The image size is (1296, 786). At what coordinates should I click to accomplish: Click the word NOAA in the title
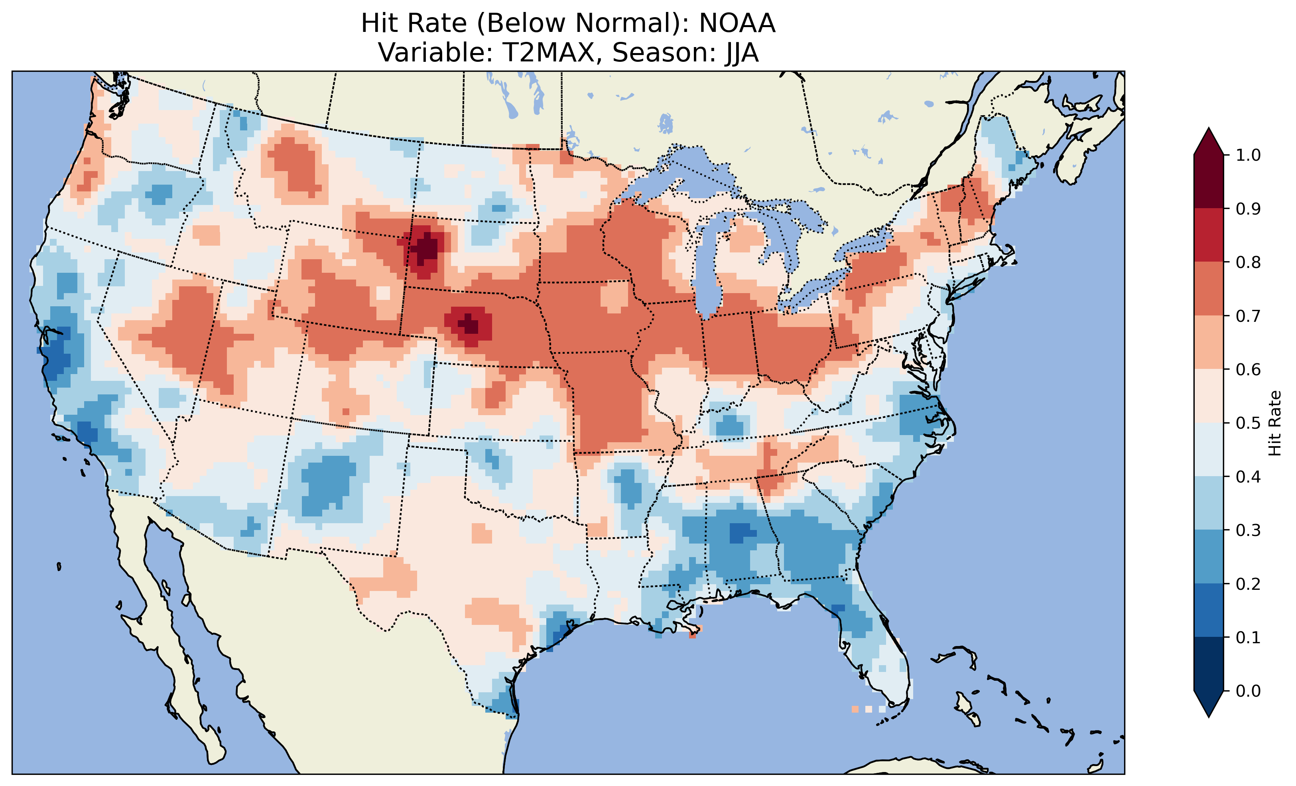[x=737, y=24]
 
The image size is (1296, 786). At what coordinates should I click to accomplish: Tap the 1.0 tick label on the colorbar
[x=1248, y=155]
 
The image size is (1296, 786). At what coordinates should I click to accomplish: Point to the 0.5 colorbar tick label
[x=1248, y=423]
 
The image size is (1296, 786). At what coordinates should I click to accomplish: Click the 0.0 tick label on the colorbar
[x=1248, y=691]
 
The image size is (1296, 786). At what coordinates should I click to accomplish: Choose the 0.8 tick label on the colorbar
[x=1248, y=262]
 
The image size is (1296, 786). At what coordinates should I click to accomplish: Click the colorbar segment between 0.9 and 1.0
[x=1209, y=181]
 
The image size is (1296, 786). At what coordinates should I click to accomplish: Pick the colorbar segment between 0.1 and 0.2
[x=1209, y=610]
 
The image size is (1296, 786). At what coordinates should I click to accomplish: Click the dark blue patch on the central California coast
[x=58, y=350]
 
